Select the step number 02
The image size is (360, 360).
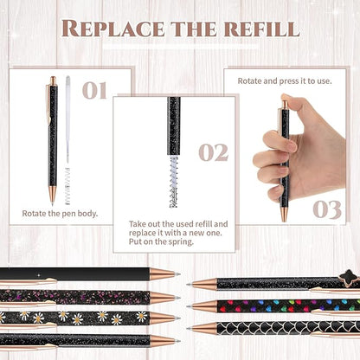tap(213, 152)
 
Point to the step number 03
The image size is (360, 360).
tap(327, 209)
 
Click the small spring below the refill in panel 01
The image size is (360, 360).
tap(67, 186)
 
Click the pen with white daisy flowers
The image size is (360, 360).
tap(78, 318)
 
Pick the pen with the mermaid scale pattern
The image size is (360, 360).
tap(277, 328)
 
